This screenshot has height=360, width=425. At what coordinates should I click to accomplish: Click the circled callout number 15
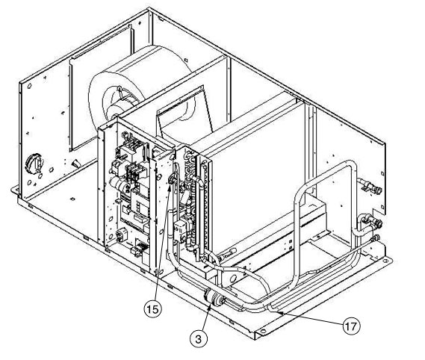tap(153, 309)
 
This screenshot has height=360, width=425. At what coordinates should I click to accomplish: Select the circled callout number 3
tap(199, 338)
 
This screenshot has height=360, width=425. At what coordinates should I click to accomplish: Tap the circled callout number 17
tap(351, 326)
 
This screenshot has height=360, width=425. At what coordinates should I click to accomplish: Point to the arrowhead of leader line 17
tap(282, 313)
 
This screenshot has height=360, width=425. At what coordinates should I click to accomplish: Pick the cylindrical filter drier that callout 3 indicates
tap(214, 298)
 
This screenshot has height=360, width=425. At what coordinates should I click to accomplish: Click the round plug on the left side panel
tap(34, 164)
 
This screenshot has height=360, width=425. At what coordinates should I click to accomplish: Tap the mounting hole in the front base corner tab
tap(262, 331)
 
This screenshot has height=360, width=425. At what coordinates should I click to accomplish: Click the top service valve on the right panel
tap(370, 187)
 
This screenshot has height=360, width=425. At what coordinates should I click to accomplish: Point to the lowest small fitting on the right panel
tap(375, 238)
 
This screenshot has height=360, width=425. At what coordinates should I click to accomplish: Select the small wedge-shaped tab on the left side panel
tap(76, 164)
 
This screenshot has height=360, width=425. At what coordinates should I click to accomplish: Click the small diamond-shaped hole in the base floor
tap(72, 199)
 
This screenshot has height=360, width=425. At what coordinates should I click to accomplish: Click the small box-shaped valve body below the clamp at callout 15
tap(179, 231)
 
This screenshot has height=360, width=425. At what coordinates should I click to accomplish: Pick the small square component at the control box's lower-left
tap(121, 235)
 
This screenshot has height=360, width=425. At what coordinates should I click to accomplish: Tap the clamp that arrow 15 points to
tap(173, 179)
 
